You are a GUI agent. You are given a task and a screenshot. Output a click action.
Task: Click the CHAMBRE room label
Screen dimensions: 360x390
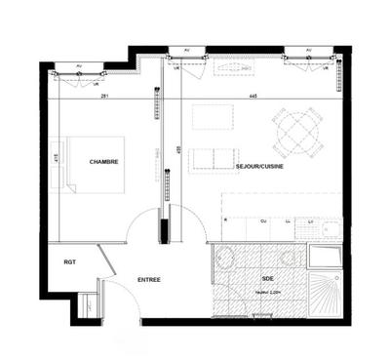point(103,162)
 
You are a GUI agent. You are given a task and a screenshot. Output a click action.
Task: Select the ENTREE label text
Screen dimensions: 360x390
point(149,280)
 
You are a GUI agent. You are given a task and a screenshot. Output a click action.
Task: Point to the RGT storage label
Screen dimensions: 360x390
point(70,261)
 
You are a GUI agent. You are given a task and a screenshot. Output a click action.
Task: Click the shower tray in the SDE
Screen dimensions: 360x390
point(324,293)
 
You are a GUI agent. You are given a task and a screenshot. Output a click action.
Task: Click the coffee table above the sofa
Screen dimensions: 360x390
point(213,117)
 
